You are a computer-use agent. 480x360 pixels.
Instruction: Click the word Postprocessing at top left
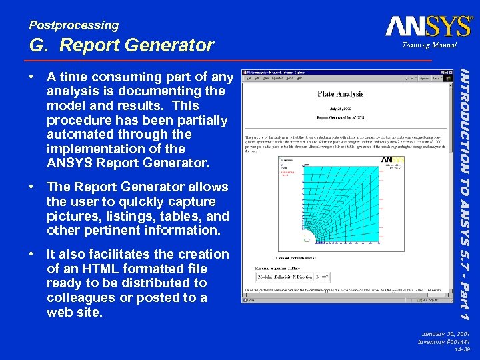click(x=73, y=25)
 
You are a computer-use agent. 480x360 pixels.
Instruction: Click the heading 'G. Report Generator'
click(x=121, y=45)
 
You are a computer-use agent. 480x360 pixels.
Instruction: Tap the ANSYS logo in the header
click(x=428, y=27)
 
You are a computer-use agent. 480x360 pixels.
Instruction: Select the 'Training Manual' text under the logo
click(x=429, y=45)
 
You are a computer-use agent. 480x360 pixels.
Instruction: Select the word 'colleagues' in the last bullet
click(x=79, y=297)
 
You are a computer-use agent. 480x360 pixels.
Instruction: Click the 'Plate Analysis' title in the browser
click(x=340, y=95)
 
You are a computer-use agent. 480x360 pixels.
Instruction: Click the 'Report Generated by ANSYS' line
click(x=340, y=117)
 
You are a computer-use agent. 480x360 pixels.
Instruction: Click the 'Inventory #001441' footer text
click(x=443, y=341)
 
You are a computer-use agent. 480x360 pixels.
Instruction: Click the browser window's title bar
click(x=333, y=70)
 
